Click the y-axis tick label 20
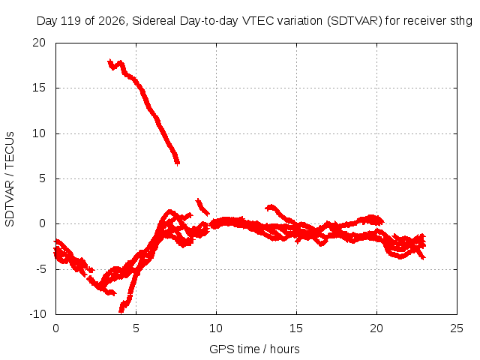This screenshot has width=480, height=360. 39,43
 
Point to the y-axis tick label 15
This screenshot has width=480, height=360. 39,88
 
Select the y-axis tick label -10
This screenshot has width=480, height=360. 37,314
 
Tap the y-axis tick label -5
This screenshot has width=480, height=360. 40,269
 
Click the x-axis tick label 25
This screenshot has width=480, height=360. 457,328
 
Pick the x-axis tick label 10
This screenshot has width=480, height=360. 216,328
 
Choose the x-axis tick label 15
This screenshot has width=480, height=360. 296,328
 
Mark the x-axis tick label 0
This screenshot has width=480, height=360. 55,328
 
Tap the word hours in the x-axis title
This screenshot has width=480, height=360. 285,349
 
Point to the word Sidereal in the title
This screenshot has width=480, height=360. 154,21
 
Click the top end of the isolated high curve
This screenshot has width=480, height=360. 109,61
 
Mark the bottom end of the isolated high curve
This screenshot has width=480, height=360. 178,163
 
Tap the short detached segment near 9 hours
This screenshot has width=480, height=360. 202,207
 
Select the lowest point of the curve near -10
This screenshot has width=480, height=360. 121,311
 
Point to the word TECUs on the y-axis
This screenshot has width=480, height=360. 10,150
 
